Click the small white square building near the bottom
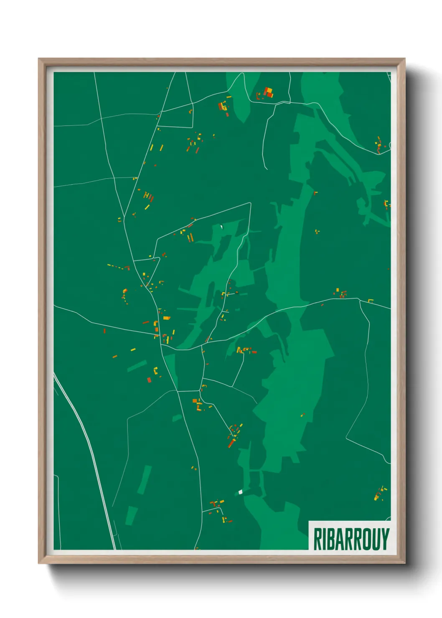tap(240, 492)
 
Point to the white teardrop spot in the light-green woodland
tap(221, 227)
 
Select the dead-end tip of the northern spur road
tap(266, 168)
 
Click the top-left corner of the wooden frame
tap(39, 59)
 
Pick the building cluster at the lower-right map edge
tap(379, 494)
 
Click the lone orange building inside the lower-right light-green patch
tap(302, 415)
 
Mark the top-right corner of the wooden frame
tap(404, 59)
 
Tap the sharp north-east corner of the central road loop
tap(250, 203)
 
